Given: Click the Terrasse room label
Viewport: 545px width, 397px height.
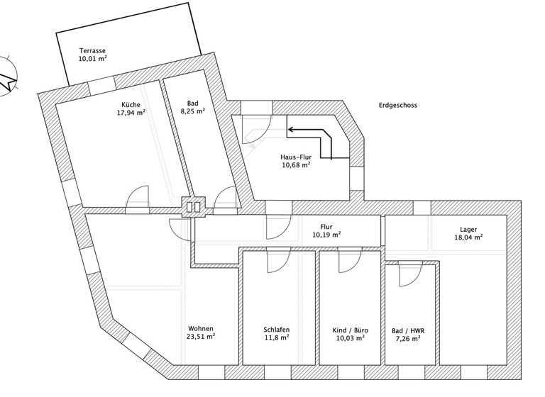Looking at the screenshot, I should [x=92, y=51].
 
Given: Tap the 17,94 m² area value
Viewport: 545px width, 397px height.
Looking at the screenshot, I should [x=132, y=112].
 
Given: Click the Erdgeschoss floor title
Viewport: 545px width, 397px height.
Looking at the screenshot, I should [x=398, y=105].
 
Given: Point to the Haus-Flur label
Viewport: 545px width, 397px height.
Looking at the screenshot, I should [x=295, y=156].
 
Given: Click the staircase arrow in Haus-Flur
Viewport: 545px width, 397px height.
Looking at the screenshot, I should [x=312, y=139].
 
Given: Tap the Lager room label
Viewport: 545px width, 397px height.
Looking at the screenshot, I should [x=468, y=230].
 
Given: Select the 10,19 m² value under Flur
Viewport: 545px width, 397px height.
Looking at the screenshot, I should [x=326, y=235].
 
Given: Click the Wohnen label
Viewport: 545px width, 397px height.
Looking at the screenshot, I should [x=201, y=329].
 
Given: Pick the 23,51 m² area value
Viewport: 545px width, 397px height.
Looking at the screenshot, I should [x=201, y=337].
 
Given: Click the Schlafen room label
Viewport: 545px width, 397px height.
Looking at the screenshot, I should [x=276, y=330].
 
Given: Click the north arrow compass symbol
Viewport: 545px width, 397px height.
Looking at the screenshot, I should [x=9, y=76].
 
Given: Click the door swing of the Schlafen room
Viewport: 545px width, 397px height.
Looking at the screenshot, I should [x=276, y=263].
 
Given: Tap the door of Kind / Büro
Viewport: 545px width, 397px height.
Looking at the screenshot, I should [x=348, y=263].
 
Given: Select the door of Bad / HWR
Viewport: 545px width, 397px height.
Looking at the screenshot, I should [x=408, y=274].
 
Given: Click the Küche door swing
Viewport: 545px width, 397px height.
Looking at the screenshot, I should [x=138, y=198].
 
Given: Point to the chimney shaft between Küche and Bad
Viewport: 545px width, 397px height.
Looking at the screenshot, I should [x=194, y=207].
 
